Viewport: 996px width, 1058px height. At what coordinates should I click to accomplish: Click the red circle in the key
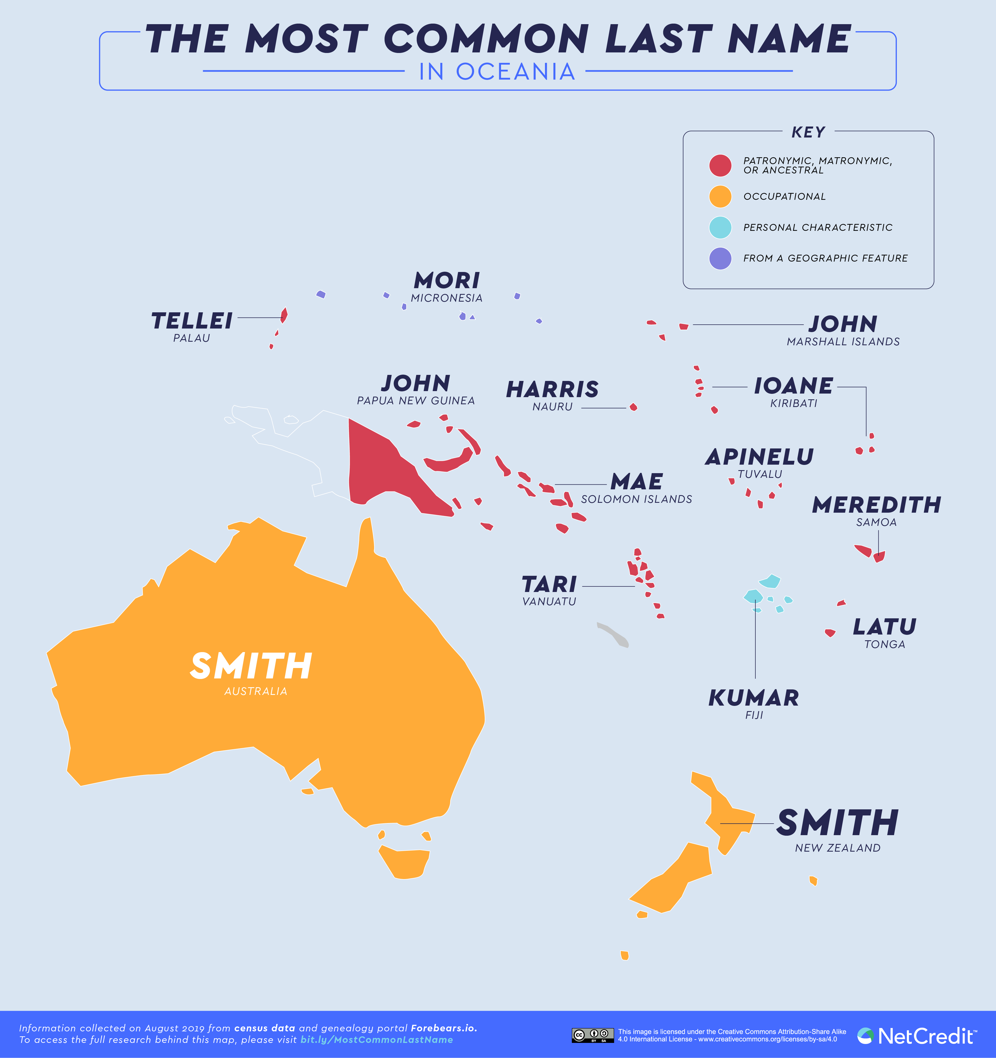click(x=720, y=165)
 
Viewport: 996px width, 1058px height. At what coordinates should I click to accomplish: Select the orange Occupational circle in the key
click(x=720, y=197)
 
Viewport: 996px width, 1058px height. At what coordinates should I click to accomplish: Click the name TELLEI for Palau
click(x=192, y=321)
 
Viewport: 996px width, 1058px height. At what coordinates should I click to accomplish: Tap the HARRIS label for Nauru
click(x=552, y=389)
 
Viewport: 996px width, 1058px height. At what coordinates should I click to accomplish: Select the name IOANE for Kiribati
click(x=794, y=386)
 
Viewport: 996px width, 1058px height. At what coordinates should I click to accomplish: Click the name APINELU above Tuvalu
click(x=759, y=457)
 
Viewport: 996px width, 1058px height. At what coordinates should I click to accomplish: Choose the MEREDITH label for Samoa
click(x=877, y=505)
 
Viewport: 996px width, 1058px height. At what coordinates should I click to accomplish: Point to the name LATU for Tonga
click(x=885, y=627)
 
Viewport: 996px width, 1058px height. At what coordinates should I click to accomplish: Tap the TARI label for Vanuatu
click(x=549, y=584)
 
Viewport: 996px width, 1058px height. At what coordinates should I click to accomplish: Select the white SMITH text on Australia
click(x=251, y=666)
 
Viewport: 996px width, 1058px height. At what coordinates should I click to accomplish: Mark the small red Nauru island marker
click(x=633, y=407)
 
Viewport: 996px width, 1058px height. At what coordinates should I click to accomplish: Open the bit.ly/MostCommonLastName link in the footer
click(x=377, y=1039)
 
